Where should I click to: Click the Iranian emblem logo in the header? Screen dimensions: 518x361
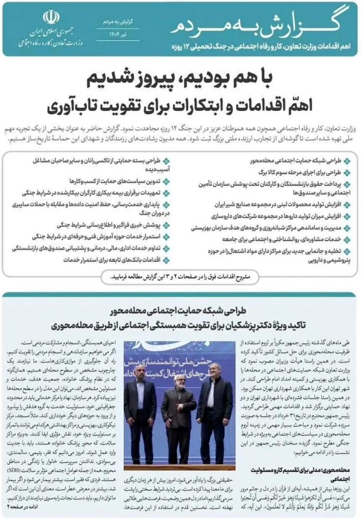click(x=50, y=19)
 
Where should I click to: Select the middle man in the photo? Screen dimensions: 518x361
click(x=179, y=408)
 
